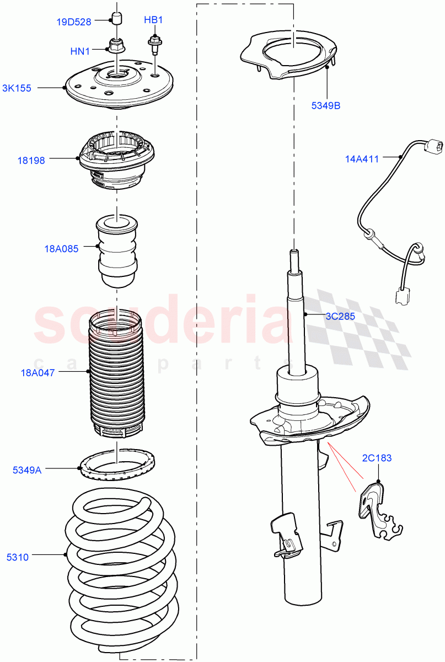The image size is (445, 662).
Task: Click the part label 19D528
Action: tap(74, 22)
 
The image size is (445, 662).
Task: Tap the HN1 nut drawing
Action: tap(116, 44)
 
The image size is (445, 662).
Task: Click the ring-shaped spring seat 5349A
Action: tap(117, 465)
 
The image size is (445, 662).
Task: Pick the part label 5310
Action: tap(18, 557)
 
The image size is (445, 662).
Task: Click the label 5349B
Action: tap(325, 105)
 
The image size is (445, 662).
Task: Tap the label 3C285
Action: tap(340, 317)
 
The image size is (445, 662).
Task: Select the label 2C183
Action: tap(377, 458)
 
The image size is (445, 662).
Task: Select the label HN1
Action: tap(80, 51)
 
